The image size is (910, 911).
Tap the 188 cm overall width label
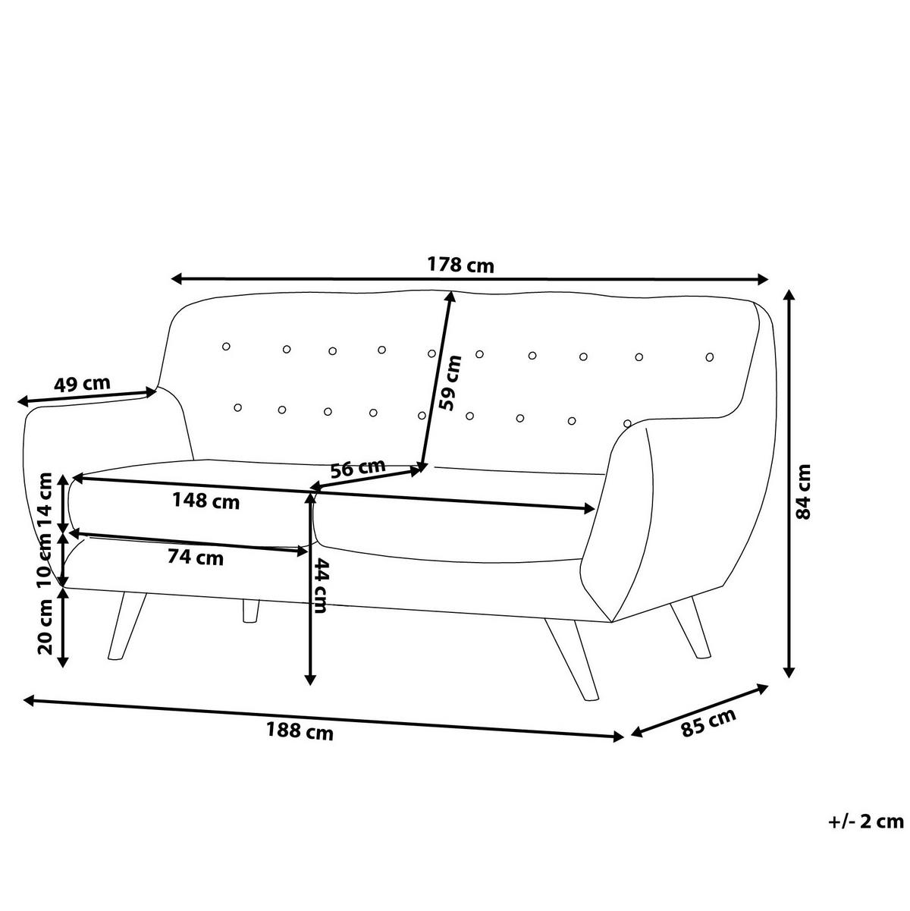[300, 732]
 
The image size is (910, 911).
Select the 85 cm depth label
[708, 723]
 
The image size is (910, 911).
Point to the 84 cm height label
[805, 492]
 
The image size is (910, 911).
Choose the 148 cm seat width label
[206, 501]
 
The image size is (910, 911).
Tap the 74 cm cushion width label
[196, 558]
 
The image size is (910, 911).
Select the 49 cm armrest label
[82, 384]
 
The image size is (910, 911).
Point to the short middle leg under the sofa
[250, 612]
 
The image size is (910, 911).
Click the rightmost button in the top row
[710, 357]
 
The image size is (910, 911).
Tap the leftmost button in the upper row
[226, 347]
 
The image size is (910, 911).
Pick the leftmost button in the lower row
[238, 408]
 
